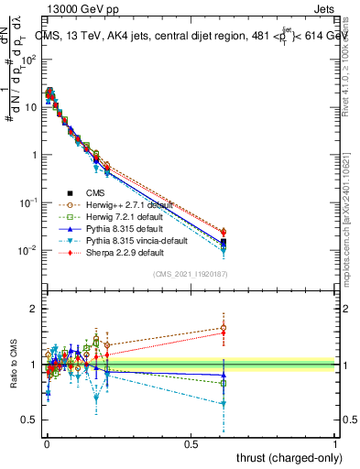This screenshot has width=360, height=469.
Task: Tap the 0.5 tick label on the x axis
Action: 191,443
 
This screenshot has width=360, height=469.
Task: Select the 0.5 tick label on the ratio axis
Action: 30,420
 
